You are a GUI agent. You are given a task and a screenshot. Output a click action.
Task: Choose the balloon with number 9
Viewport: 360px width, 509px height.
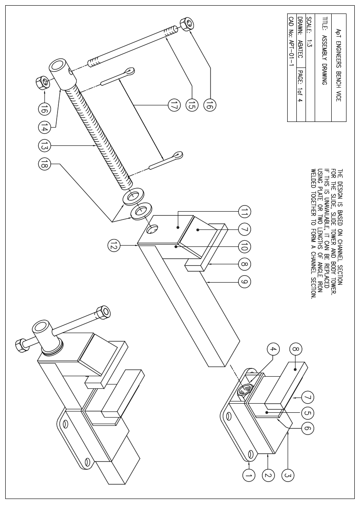click(x=244, y=282)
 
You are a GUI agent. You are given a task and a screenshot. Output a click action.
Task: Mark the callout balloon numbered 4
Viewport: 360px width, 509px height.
click(x=273, y=349)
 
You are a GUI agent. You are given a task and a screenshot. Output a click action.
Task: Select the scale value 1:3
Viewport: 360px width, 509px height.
click(x=309, y=43)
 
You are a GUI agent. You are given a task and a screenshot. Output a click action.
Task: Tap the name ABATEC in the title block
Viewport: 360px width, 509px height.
click(x=300, y=44)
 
